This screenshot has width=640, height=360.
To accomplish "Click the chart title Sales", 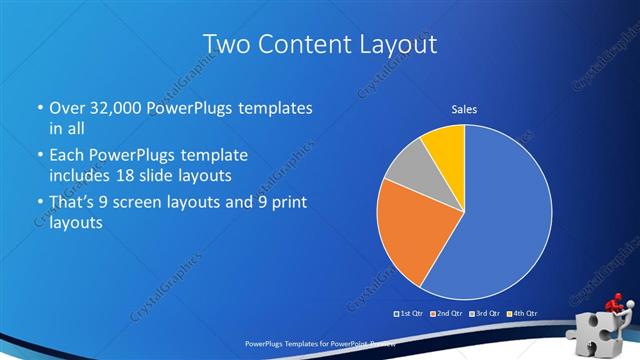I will point(464,109).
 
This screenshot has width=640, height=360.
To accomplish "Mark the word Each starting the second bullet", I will point(68,156).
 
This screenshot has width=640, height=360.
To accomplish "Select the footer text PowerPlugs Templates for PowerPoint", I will point(300,343).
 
